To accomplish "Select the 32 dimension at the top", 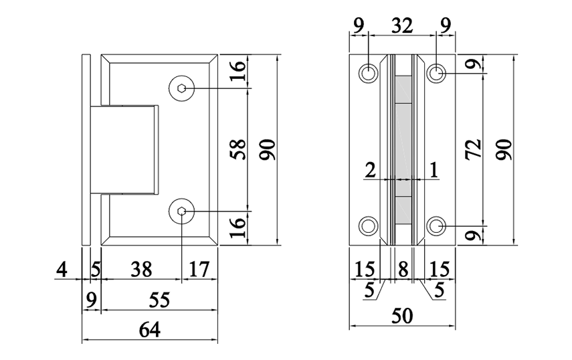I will point(402,26).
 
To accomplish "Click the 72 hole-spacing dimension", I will point(474,149).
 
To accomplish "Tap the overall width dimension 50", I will point(401,315).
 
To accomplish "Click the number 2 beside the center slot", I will point(370,170).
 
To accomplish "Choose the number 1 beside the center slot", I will point(434,170).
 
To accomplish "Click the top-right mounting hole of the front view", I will point(437,72).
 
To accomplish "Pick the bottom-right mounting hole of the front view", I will point(437,226).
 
